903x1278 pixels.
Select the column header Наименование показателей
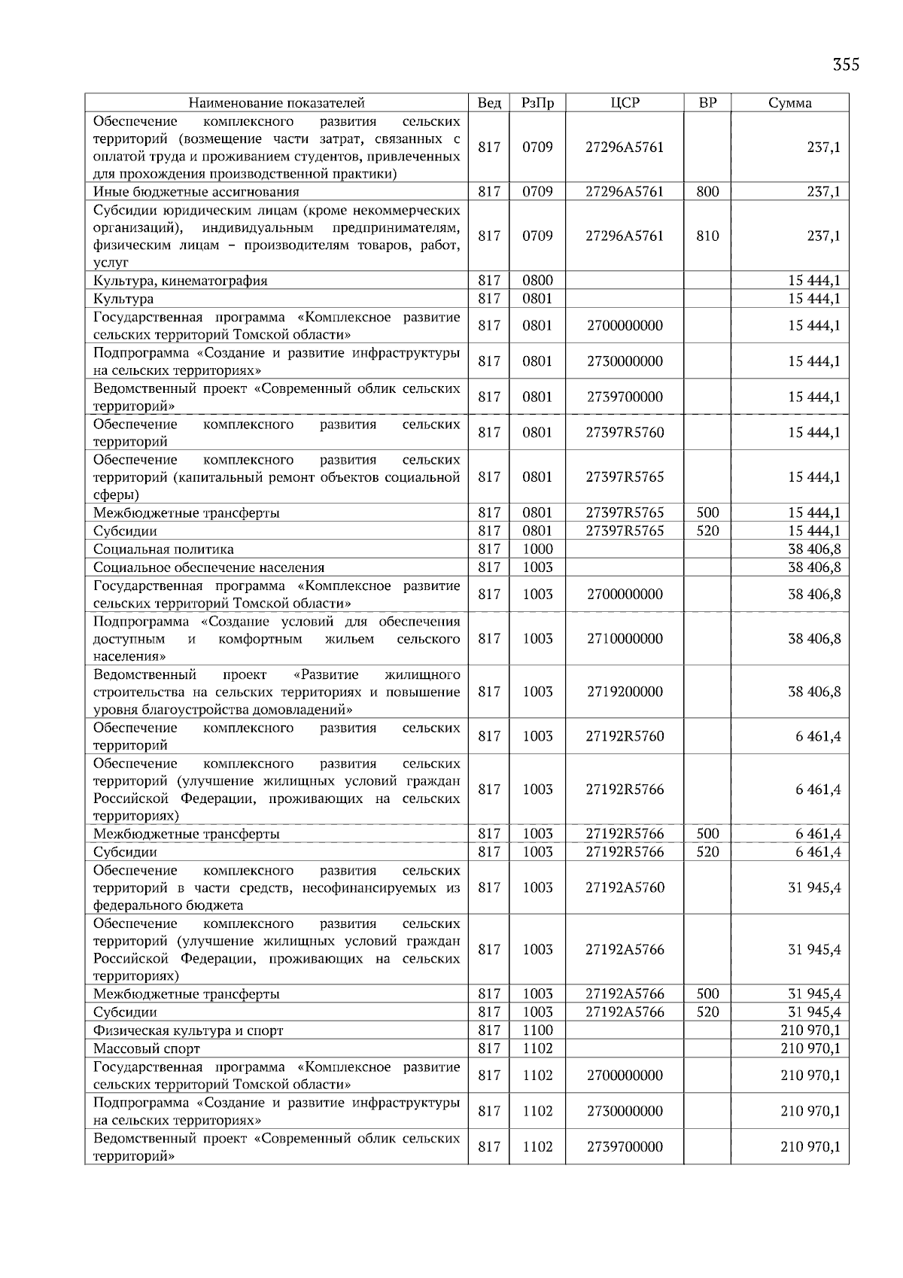[276, 103]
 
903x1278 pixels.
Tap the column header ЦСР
[625, 103]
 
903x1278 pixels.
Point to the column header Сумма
[789, 103]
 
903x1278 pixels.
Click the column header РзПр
[537, 103]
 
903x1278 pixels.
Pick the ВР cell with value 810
[707, 236]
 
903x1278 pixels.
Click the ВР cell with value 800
[707, 191]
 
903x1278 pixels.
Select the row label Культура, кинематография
[181, 281]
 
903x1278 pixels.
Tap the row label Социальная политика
[163, 549]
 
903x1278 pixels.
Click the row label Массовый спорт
[147, 1048]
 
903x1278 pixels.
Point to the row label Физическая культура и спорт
[188, 1030]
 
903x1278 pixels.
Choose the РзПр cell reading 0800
[537, 281]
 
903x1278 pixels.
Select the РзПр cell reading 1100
[537, 1030]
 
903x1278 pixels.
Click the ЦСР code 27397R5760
[625, 432]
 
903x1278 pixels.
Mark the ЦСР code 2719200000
[625, 692]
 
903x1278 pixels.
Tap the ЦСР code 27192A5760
[625, 887]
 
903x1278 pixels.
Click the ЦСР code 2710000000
[625, 638]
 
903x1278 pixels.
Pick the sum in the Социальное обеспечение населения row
[814, 567]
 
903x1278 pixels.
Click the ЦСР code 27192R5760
[625, 736]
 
